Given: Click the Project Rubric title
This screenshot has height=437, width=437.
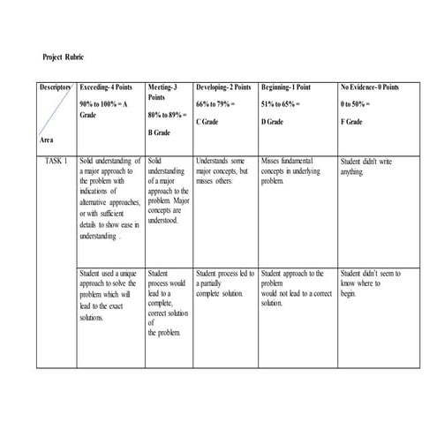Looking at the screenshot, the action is pos(64,57).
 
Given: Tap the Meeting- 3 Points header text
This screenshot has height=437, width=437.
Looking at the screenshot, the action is pos(162,94).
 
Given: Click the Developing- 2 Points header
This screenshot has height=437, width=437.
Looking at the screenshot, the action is pos(223,88).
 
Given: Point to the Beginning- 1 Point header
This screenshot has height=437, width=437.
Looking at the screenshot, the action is pos(286,88).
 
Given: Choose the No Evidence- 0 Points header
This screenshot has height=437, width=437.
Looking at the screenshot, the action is pos(369,88).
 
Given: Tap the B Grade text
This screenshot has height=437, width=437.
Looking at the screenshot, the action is pos(159,132).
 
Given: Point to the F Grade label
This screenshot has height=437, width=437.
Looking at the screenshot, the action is pos(350,121).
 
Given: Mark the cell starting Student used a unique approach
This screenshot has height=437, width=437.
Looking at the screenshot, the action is pos(108,295).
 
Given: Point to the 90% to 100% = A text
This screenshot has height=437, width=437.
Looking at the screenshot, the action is pos(104,104).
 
